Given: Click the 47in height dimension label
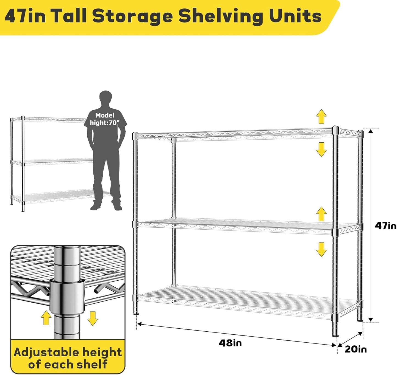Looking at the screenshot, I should [x=385, y=226].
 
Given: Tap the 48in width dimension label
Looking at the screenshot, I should [x=230, y=343].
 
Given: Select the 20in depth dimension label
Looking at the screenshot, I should [x=356, y=349].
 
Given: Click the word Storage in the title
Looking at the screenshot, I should [x=132, y=16].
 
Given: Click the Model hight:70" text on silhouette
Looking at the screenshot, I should [x=105, y=119].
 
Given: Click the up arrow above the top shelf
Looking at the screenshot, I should [x=321, y=116].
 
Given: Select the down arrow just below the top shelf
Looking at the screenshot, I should [x=321, y=150].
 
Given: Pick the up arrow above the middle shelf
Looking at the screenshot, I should [x=321, y=214].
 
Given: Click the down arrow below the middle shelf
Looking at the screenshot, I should [x=321, y=249].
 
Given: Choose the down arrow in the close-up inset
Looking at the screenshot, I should [x=93, y=318].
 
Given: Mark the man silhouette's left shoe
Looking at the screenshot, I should [x=96, y=206].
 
